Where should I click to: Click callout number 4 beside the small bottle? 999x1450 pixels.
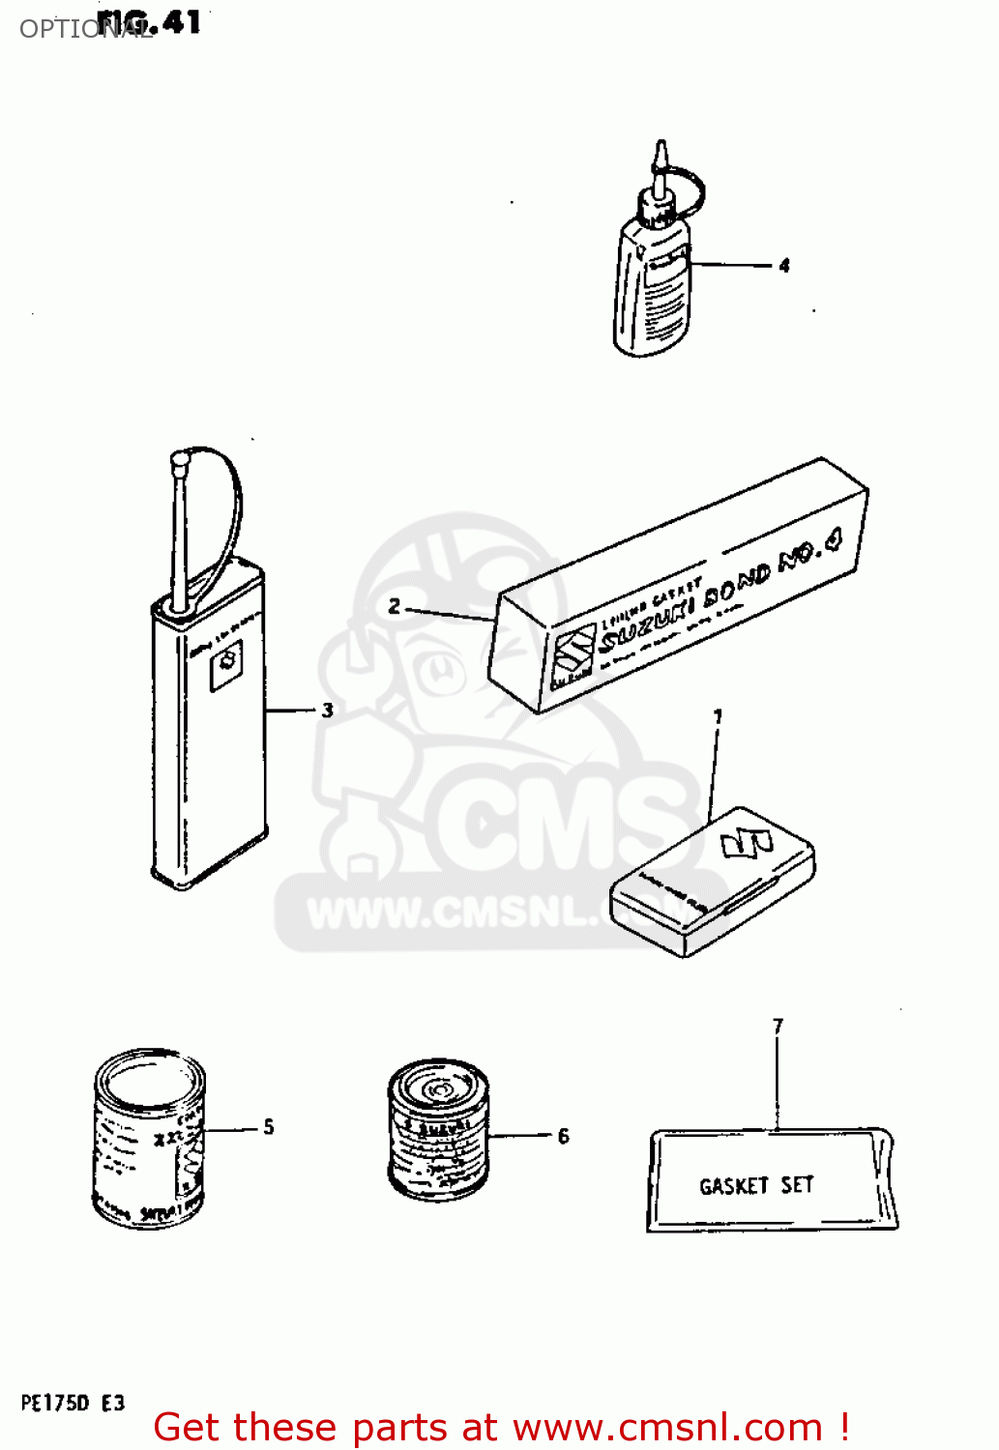coord(784,265)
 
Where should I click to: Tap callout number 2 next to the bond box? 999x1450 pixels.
coord(395,607)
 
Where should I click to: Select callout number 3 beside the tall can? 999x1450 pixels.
coord(328,710)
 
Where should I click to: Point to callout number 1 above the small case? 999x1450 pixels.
coord(718,717)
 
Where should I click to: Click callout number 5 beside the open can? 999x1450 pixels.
coord(269,1127)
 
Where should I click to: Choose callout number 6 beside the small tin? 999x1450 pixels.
coord(564,1136)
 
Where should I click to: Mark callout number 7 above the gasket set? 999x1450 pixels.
coord(778,1026)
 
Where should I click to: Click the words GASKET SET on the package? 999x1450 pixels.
coord(756,1185)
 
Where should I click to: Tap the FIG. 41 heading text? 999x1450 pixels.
coord(150,22)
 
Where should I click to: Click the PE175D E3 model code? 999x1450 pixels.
coord(73,1404)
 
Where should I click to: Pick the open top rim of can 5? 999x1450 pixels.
coord(150,1076)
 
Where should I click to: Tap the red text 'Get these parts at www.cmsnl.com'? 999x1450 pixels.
coord(501,1427)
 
